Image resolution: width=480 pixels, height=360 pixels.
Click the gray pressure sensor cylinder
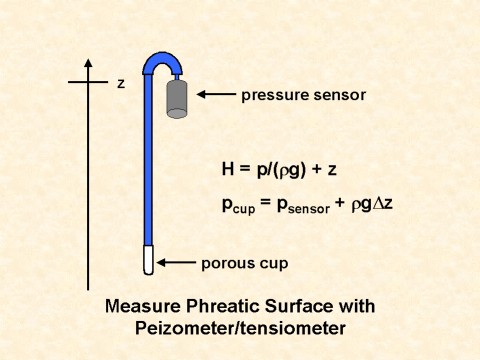click(177, 99)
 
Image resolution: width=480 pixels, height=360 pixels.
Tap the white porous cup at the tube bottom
click(149, 260)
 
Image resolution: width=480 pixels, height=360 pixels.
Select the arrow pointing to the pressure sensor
click(216, 94)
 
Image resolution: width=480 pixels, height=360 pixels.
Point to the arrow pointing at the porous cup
click(176, 263)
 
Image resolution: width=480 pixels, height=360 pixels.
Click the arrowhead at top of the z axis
click(88, 63)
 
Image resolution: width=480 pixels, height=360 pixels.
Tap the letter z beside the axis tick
click(121, 83)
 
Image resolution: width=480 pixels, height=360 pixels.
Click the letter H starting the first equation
click(228, 169)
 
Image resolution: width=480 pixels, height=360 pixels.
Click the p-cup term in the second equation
click(238, 205)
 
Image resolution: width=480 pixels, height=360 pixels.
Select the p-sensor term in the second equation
click(303, 206)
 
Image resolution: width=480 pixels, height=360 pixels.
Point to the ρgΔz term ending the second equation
click(372, 204)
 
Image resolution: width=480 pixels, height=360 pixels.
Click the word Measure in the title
click(143, 306)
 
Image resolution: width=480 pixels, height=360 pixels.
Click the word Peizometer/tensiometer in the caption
click(240, 329)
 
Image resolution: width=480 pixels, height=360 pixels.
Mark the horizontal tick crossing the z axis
click(88, 82)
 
